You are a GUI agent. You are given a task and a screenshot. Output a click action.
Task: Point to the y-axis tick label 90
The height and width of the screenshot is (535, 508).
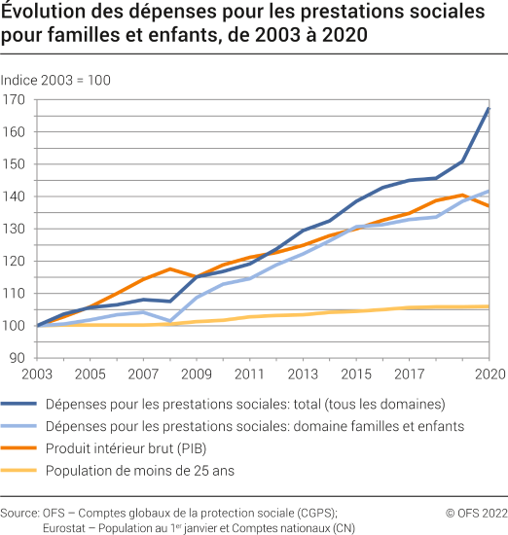point(17,358)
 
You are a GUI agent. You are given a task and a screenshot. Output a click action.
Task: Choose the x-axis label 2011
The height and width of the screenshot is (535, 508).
point(248,374)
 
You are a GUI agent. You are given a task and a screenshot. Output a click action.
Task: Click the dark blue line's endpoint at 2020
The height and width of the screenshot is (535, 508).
point(489,108)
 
